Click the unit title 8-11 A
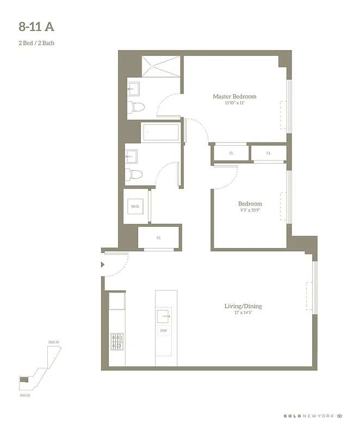tap(36, 27)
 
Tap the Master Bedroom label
tap(234, 96)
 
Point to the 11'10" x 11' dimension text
tap(234, 103)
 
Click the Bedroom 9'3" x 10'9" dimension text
tap(250, 210)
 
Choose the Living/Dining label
tap(243, 306)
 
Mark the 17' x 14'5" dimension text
tap(243, 313)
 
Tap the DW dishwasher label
tap(164, 331)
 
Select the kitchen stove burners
tap(117, 341)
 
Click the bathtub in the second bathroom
tap(160, 132)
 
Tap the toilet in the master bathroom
tap(136, 107)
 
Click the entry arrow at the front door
tap(103, 265)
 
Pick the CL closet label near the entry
tap(159, 238)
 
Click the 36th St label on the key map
tap(53, 342)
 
